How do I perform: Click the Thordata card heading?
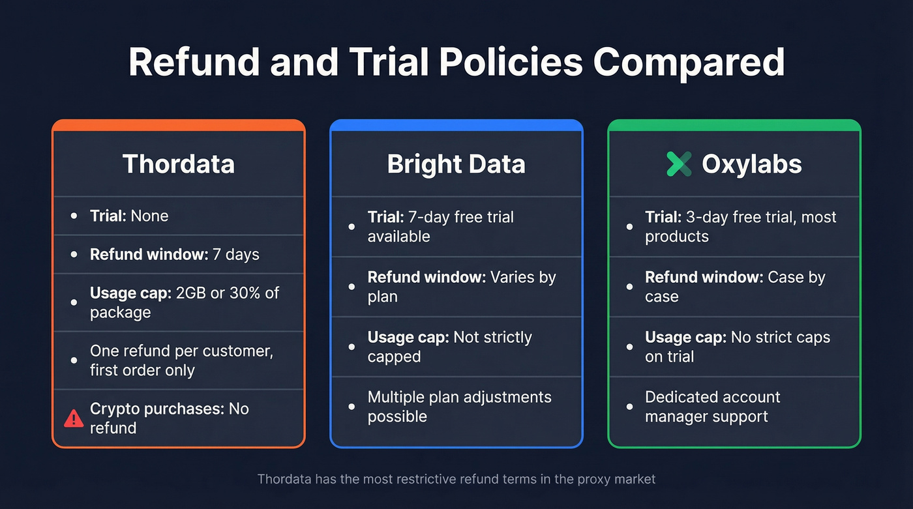point(178,164)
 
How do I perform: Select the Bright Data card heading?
point(456,164)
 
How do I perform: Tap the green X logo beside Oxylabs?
point(679,164)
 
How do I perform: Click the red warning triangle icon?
point(74,418)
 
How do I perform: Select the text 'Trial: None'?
point(128,216)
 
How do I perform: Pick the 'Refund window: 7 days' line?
point(174,254)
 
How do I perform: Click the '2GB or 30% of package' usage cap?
point(185,302)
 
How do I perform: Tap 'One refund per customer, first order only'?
point(181,360)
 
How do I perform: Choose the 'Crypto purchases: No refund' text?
point(169,418)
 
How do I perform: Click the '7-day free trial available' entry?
point(441,226)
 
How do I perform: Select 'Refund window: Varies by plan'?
point(461,287)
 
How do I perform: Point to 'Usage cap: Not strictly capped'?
point(449,347)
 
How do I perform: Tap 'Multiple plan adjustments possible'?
point(459,407)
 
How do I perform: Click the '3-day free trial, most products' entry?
point(740,226)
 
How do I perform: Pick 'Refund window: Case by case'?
point(735,287)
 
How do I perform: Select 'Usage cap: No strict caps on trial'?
point(737,347)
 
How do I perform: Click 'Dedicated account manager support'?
point(712,407)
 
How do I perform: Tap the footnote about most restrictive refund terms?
point(456,479)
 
